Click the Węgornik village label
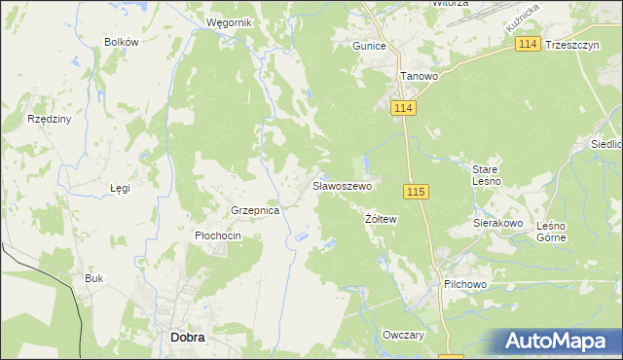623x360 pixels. tap(230, 21)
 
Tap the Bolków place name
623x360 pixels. tap(123, 42)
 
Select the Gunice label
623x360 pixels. tap(370, 46)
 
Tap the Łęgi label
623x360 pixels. tap(120, 188)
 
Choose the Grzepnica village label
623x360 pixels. tap(255, 210)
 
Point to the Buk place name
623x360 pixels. tap(93, 278)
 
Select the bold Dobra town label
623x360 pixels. tap(187, 337)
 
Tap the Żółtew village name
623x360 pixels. tap(382, 219)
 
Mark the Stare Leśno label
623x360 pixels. tap(487, 174)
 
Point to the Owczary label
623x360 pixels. tap(405, 335)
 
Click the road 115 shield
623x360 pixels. tap(416, 192)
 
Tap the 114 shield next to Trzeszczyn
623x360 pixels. tap(529, 45)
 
